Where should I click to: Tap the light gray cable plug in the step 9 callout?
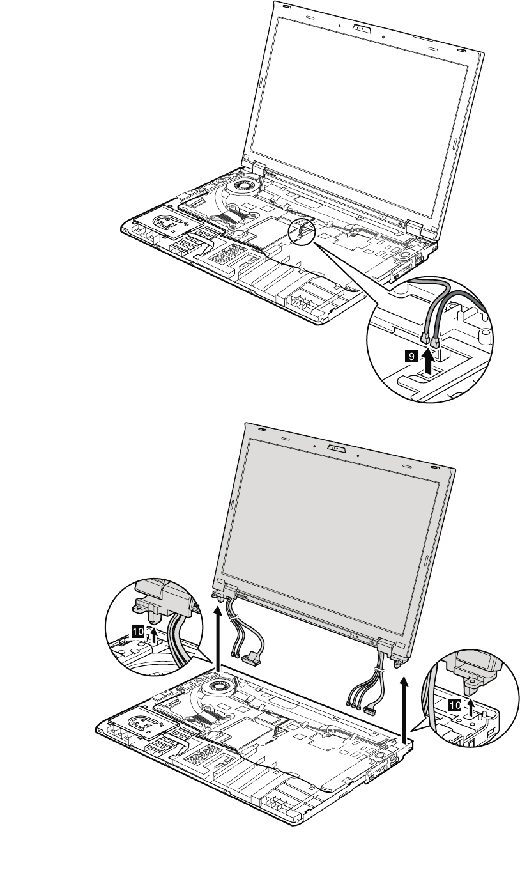424,337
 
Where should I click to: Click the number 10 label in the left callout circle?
137,630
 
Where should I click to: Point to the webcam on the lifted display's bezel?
336,449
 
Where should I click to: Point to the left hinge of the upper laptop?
254,167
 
